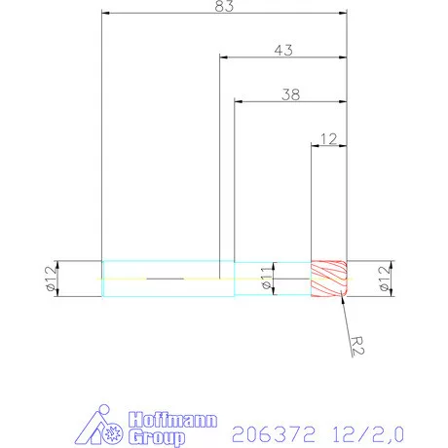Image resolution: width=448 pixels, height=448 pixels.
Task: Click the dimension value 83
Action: coord(224,8)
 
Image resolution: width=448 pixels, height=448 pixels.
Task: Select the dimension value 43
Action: coord(283,50)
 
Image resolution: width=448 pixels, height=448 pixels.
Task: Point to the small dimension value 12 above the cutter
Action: coord(327,138)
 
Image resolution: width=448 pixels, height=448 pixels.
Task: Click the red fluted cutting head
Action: coord(328,279)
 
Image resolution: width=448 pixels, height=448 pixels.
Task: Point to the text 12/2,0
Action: coord(369,429)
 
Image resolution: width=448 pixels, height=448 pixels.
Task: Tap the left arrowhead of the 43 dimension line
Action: coord(225,57)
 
